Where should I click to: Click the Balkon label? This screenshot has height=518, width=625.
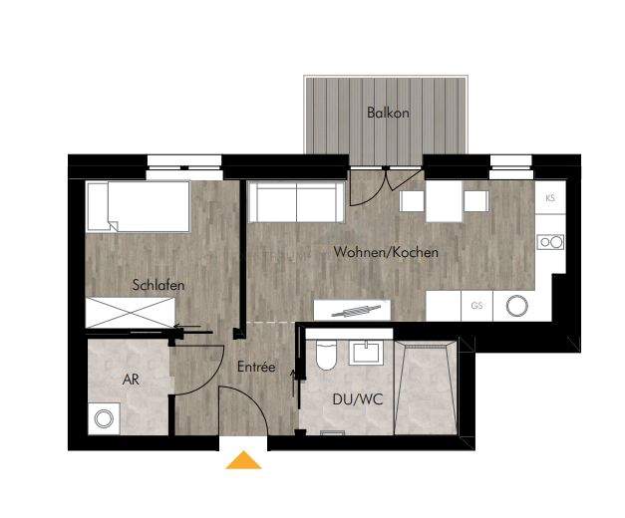click(x=388, y=113)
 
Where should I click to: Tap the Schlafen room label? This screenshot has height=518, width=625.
click(x=158, y=285)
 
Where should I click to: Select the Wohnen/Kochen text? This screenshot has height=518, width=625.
click(x=387, y=252)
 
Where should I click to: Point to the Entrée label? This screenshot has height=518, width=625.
click(x=256, y=367)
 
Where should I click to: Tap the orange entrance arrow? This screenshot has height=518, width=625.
click(x=243, y=460)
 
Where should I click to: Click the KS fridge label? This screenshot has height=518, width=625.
click(x=550, y=199)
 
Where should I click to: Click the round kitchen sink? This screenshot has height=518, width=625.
click(x=517, y=306)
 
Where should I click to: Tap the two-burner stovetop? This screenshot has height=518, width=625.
click(x=550, y=241)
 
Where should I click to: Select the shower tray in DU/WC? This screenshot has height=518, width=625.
click(x=426, y=387)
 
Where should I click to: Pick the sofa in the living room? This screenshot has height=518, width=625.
click(x=296, y=202)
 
